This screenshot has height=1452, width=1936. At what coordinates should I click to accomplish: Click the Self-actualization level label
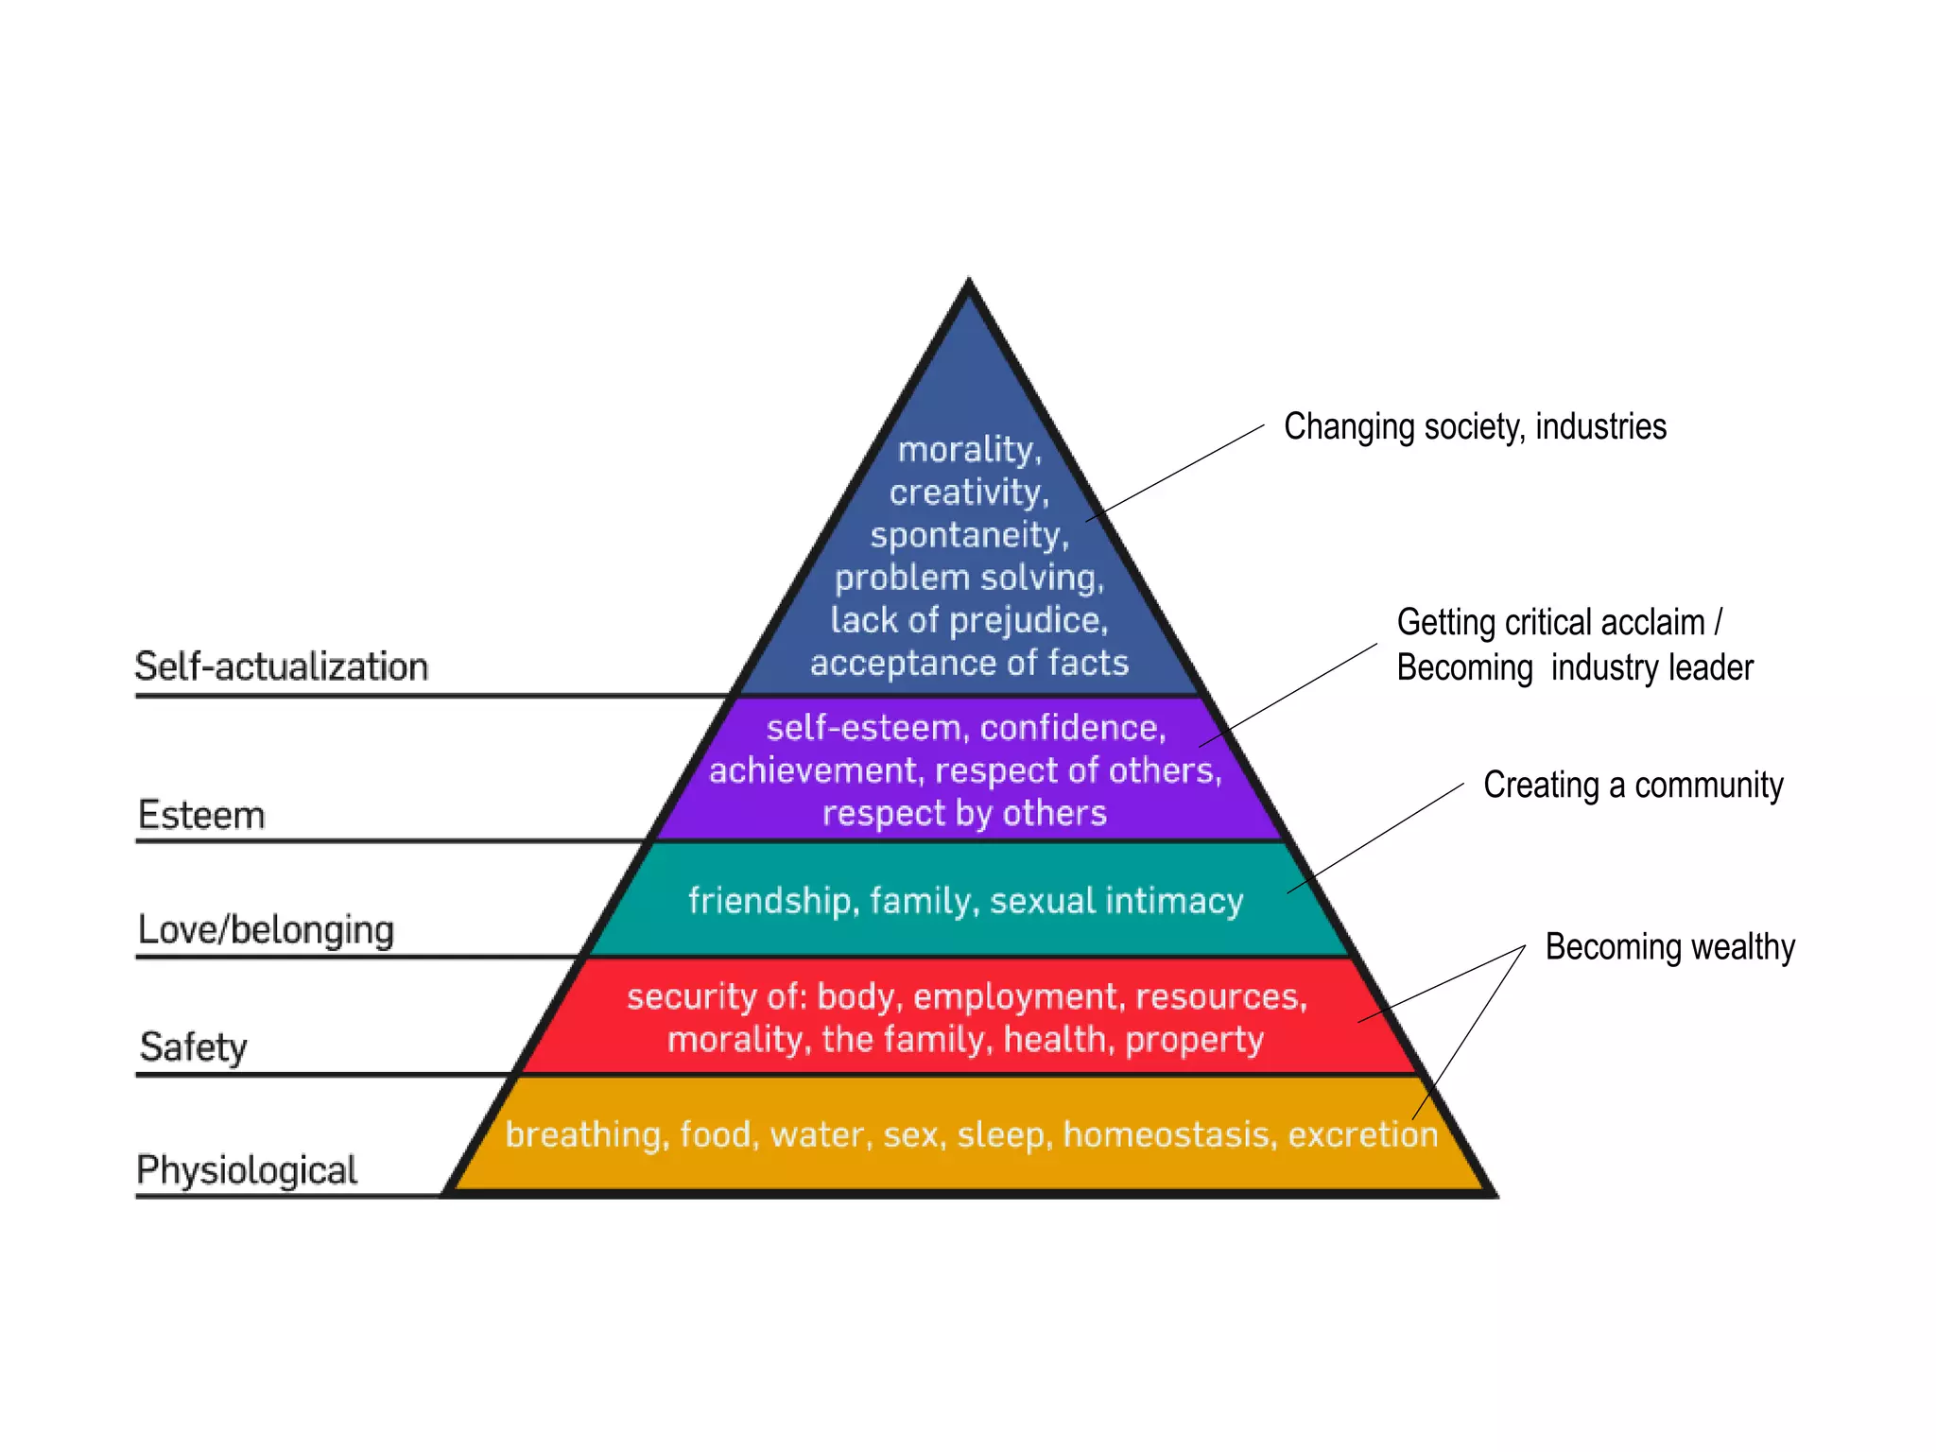coord(281,666)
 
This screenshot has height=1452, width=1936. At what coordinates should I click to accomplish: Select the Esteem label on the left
coord(201,815)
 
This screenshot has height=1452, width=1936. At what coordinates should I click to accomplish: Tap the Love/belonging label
coord(266,930)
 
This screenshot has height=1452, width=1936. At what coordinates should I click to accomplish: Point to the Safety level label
coord(193,1047)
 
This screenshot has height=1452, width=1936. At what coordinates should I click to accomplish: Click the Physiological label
coord(247,1170)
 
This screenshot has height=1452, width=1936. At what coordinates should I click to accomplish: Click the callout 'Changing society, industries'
coord(1474,426)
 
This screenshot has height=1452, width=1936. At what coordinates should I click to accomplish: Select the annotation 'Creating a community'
coord(1633,785)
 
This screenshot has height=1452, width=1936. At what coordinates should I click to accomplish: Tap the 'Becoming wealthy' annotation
coord(1669,946)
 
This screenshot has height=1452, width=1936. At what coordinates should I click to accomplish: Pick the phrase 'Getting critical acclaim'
coord(1550,623)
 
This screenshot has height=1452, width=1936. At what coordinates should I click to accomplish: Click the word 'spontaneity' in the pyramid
coord(968,535)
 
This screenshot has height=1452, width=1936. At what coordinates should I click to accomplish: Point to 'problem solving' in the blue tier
coord(968,578)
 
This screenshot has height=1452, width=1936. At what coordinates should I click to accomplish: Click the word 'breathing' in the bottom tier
coord(583,1134)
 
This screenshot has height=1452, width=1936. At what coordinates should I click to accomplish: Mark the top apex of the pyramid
coord(968,281)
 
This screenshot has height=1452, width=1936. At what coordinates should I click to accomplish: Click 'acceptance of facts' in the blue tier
coord(968,663)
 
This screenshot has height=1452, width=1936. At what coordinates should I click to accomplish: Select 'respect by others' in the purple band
coord(963,813)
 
